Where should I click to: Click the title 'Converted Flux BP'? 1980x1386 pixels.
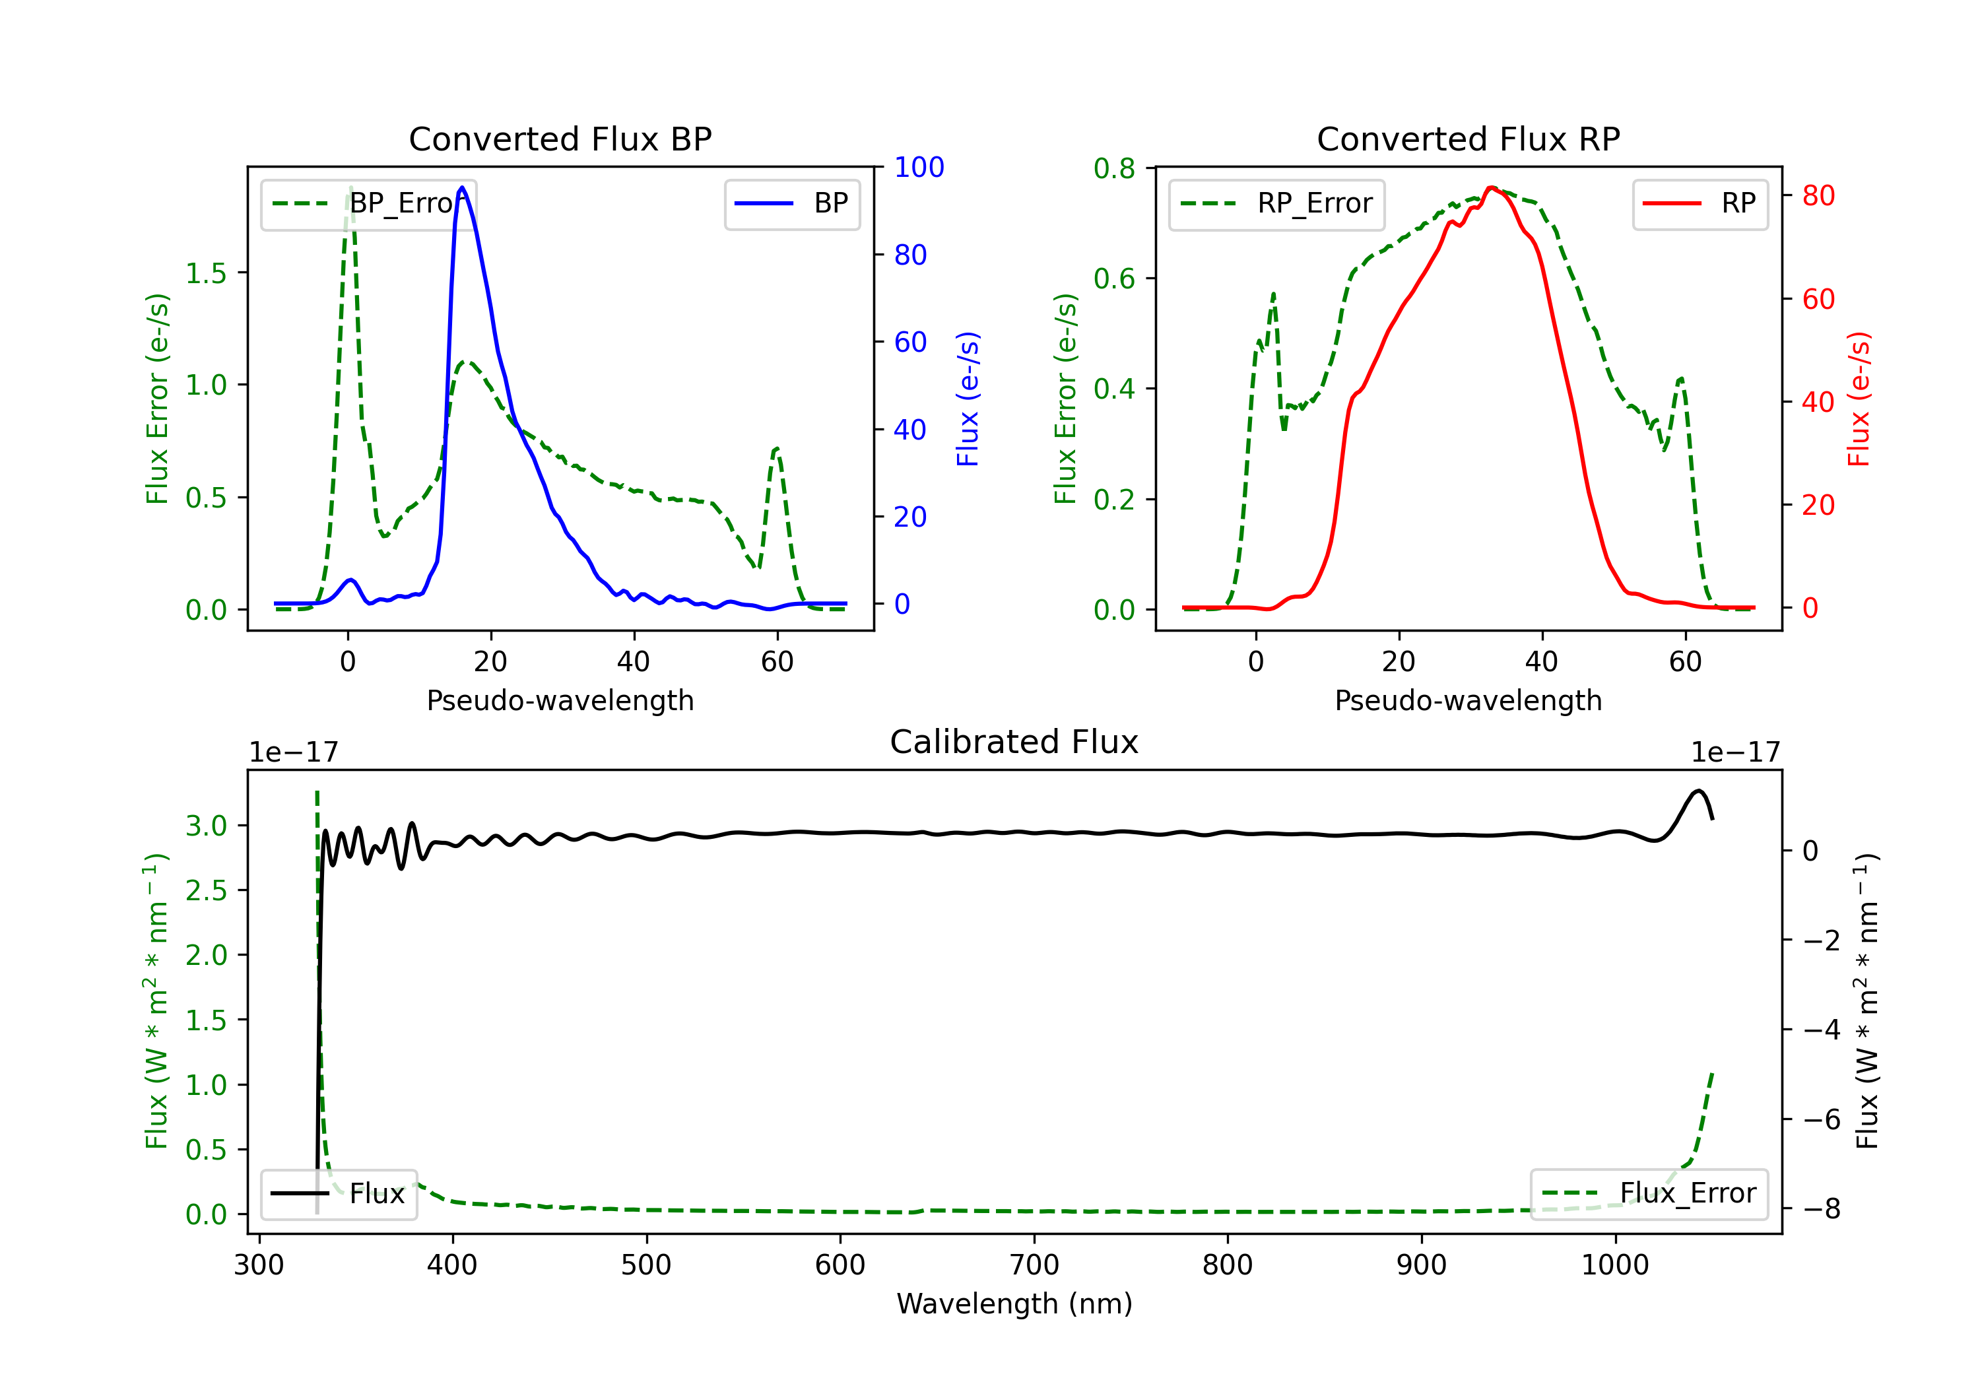point(560,139)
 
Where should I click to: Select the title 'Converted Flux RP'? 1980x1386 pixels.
point(1468,139)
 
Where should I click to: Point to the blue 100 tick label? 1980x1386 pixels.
point(919,168)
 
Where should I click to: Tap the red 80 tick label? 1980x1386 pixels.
point(1818,196)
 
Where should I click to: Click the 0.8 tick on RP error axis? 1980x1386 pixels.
point(1114,169)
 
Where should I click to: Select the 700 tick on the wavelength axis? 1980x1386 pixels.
point(1034,1265)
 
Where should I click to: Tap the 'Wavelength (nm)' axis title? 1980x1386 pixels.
point(1014,1304)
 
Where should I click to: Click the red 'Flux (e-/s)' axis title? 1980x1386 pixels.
point(1859,399)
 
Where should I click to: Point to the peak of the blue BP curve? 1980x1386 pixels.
point(462,187)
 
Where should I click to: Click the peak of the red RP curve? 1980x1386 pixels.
point(1491,187)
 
